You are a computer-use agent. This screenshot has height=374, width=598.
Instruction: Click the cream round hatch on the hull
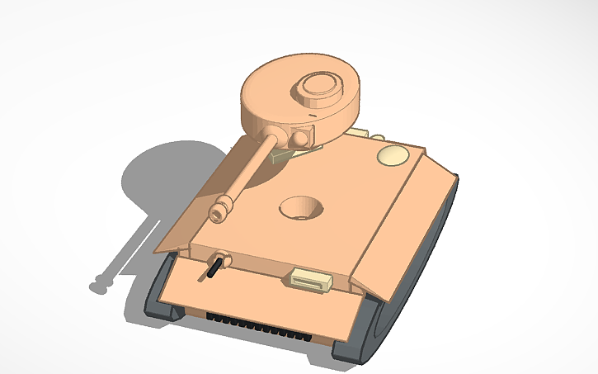393,155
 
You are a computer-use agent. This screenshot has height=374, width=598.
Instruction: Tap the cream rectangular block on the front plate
308,281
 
